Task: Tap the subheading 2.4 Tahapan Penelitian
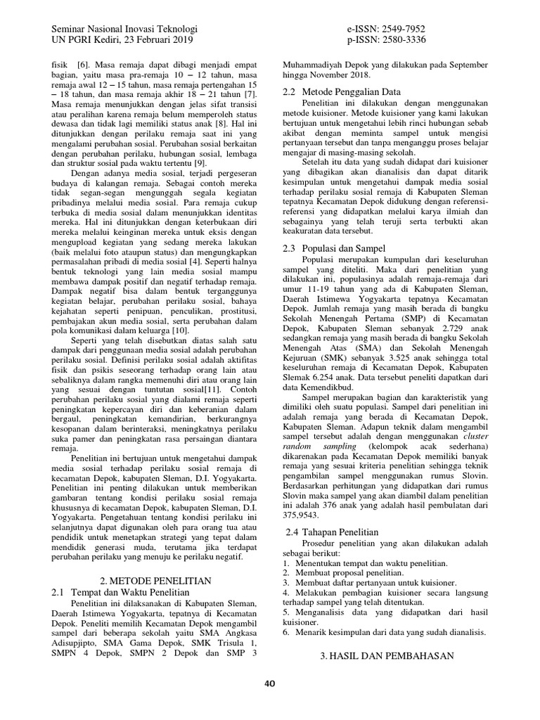coord(332,532)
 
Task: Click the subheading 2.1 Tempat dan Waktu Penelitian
coord(122,593)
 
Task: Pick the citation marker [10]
coord(179,330)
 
